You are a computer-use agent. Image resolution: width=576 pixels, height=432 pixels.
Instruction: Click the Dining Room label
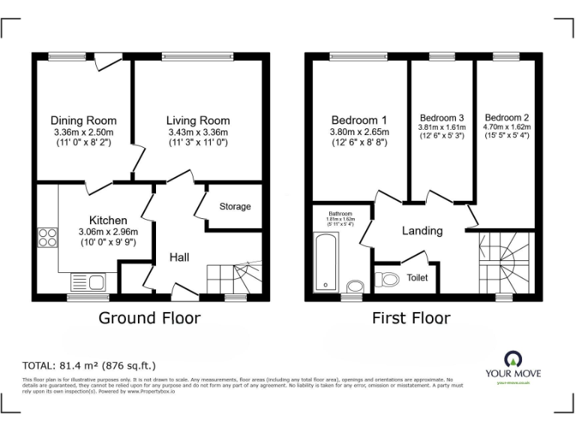point(83,120)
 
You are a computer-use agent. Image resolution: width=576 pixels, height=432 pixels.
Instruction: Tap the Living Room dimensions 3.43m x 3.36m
point(198,132)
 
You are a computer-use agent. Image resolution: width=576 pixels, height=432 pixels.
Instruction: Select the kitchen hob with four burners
point(47,237)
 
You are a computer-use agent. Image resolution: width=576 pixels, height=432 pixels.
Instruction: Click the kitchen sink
point(89,282)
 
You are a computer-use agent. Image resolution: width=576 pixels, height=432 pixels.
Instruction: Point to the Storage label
point(235,206)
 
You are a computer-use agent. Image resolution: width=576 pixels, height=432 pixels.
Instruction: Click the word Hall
point(178,257)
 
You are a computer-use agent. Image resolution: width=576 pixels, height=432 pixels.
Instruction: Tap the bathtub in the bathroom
point(327,261)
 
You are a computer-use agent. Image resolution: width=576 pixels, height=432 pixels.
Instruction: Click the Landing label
point(422,231)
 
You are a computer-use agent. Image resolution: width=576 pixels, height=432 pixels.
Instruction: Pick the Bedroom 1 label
point(358,120)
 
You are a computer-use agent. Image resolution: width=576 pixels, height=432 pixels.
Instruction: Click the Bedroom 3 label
point(442,118)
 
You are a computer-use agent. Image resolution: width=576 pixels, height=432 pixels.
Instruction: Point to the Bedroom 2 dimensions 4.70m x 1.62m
point(506,127)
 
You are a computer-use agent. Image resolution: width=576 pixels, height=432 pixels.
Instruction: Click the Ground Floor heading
point(150,318)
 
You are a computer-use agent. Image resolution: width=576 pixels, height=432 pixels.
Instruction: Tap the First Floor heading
point(411,318)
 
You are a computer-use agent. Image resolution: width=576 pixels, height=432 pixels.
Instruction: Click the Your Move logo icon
point(514,358)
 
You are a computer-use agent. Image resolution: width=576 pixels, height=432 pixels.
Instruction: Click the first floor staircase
point(505,262)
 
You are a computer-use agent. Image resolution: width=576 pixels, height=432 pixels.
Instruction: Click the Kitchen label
point(108,220)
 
